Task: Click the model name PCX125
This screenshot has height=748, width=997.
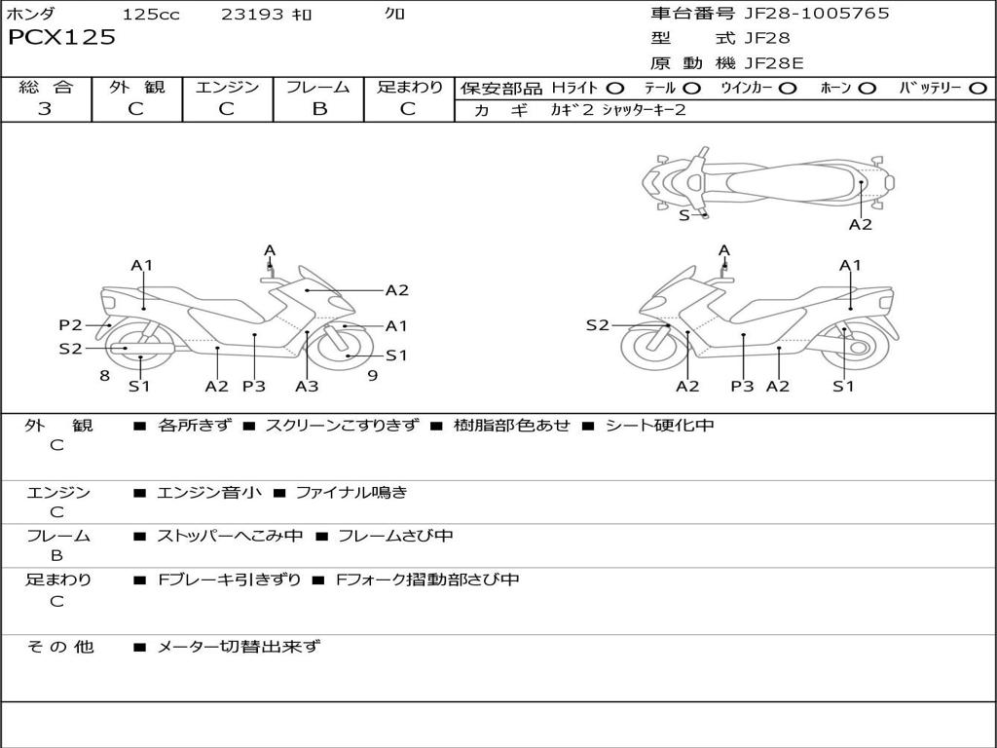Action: (61, 38)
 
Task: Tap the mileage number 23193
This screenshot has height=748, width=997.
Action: (253, 14)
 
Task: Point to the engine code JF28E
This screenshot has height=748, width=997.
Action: (773, 63)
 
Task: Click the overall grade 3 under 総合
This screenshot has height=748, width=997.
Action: (45, 109)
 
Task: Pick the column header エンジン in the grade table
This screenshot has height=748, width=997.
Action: (227, 87)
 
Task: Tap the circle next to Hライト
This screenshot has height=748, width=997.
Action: (615, 88)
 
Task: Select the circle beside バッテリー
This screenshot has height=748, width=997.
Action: (978, 88)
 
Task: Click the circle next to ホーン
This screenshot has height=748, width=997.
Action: (867, 88)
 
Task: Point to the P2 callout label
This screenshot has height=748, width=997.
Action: (70, 325)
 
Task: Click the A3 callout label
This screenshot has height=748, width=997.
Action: (307, 387)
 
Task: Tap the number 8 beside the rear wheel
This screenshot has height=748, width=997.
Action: (104, 375)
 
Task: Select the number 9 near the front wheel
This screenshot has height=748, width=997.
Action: (372, 375)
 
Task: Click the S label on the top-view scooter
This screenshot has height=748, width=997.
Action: (683, 214)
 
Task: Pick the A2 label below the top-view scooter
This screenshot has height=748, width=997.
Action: (861, 225)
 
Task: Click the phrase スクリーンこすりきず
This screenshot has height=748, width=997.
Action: (342, 426)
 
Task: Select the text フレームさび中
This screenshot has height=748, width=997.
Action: (394, 536)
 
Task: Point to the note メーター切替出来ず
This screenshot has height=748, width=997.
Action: (239, 646)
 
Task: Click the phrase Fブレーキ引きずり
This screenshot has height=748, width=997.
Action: (230, 580)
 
